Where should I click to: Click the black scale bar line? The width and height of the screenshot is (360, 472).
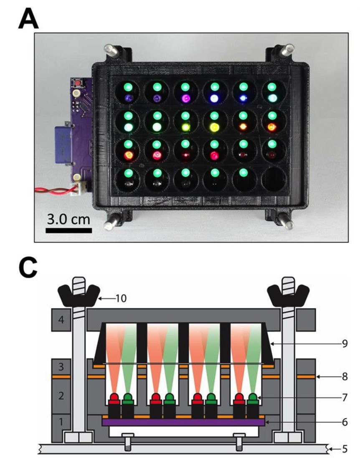pyautogui.click(x=68, y=230)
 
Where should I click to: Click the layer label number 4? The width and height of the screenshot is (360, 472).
pyautogui.click(x=61, y=321)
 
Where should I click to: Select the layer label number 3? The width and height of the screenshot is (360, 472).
pyautogui.click(x=61, y=368)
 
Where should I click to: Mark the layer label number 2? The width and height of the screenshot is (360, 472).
pyautogui.click(x=61, y=396)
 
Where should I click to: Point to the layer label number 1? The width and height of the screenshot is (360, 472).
pyautogui.click(x=61, y=422)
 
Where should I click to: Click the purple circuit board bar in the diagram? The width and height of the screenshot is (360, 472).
pyautogui.click(x=184, y=422)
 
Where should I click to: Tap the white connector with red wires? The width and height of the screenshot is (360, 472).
pyautogui.click(x=78, y=190)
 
